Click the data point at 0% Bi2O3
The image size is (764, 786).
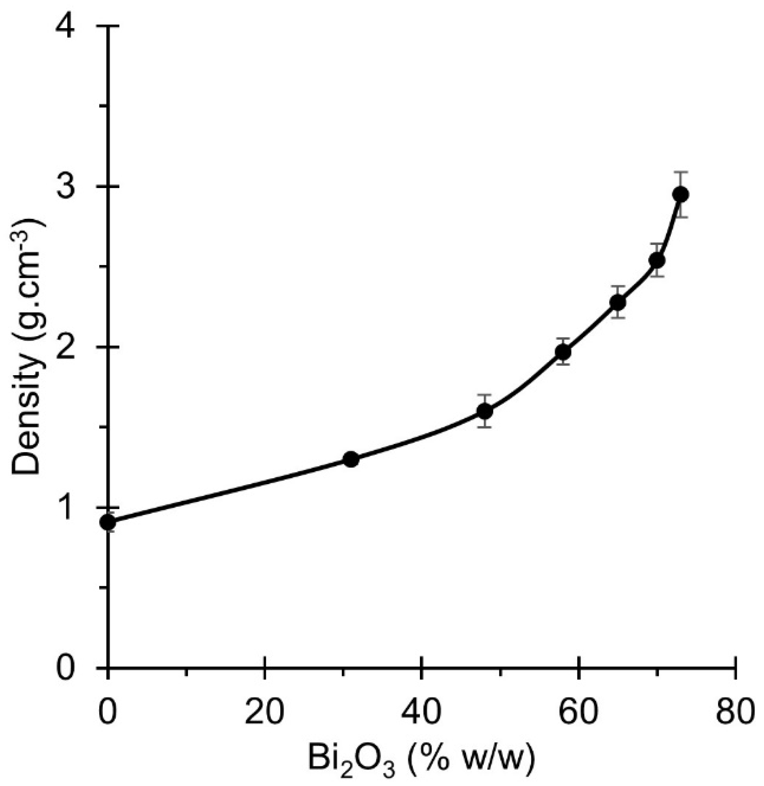click(x=108, y=522)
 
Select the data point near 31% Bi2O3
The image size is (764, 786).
click(x=351, y=459)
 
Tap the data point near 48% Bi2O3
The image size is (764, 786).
click(x=485, y=411)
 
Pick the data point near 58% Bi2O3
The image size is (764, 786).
click(x=563, y=351)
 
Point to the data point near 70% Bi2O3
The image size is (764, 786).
click(x=657, y=260)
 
